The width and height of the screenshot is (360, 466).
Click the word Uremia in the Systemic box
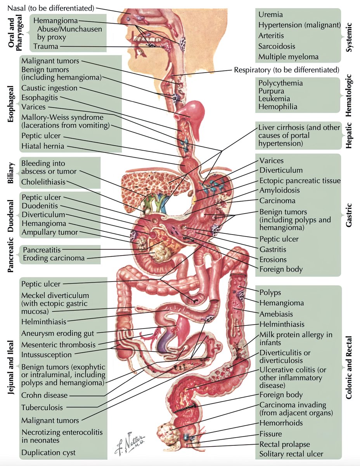pos(270,15)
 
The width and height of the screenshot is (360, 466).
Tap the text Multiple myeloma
pos(288,57)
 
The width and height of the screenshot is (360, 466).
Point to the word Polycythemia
pos(280,83)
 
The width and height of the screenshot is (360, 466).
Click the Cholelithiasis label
pos(44,182)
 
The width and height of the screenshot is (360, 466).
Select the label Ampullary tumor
pos(50,232)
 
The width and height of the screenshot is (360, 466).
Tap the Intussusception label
pos(47,355)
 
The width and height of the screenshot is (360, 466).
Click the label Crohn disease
pos(44,395)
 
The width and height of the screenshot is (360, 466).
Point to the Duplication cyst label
pos(48,452)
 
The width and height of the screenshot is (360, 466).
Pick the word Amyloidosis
pos(280,190)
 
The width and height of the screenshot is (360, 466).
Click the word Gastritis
pos(273,249)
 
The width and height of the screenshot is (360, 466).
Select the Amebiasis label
pos(276,314)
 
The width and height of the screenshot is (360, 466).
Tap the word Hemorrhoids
pos(281,423)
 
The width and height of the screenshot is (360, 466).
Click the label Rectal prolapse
pos(284,444)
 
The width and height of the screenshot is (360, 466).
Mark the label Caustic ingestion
pos(49,88)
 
